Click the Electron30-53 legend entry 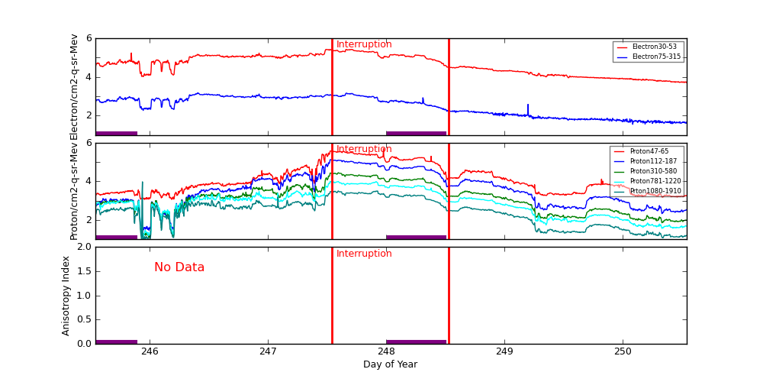point(649,47)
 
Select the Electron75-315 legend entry point(649,57)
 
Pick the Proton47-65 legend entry point(647,151)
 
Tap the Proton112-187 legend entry point(647,161)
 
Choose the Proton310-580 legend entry point(647,171)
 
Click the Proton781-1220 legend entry point(647,181)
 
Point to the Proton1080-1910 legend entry point(647,191)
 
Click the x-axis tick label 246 point(150,352)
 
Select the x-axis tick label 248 point(386,352)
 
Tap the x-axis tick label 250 point(623,352)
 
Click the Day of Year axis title point(390,365)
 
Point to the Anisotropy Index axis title point(66,296)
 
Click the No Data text point(179,267)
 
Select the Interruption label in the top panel point(364,44)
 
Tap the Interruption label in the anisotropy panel point(364,254)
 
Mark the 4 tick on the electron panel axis point(89,76)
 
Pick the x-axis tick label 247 point(268,352)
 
